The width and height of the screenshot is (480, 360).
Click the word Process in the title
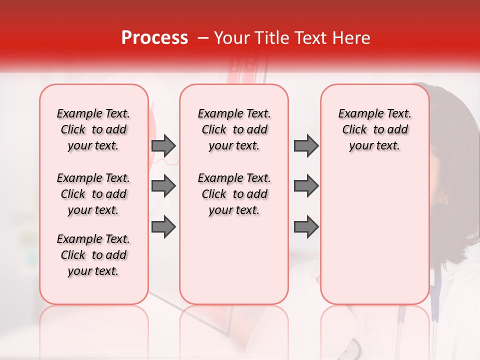(154, 38)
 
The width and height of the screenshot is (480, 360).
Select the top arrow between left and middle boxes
(163, 145)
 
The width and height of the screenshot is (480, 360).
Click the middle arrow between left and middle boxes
(163, 186)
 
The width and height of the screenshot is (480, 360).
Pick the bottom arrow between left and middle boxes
(163, 226)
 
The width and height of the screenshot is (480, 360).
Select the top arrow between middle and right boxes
(306, 145)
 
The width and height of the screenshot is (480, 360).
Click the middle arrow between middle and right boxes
(306, 186)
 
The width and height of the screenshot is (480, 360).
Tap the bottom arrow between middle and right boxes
(306, 226)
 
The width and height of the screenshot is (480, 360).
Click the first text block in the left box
(93, 129)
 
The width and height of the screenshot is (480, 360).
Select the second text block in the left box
(93, 194)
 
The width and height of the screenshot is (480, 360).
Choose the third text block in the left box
(93, 255)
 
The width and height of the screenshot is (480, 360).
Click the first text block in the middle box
(234, 129)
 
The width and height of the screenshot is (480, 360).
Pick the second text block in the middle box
(234, 194)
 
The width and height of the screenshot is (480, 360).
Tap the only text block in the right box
(375, 129)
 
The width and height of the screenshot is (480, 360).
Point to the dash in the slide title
(202, 38)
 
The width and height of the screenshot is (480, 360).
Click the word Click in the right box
(354, 130)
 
